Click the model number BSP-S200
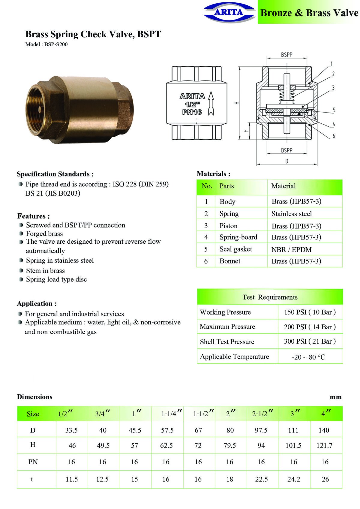[56, 44]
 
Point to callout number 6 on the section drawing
[333, 136]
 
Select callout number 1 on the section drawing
[331, 64]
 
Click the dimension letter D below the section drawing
[287, 161]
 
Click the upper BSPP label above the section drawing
[286, 55]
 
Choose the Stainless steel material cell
[292, 214]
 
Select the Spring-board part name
[238, 237]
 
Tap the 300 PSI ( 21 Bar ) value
[310, 341]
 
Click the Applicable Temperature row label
[234, 357]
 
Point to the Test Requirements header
[270, 297]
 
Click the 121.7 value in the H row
[324, 445]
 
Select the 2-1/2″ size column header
[262, 414]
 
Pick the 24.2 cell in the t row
[293, 479]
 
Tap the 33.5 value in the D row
[71, 430]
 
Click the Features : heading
[34, 216]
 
